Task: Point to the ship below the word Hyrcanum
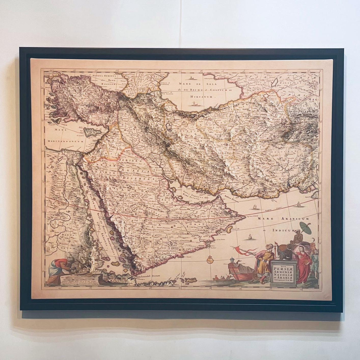point(194,104)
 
